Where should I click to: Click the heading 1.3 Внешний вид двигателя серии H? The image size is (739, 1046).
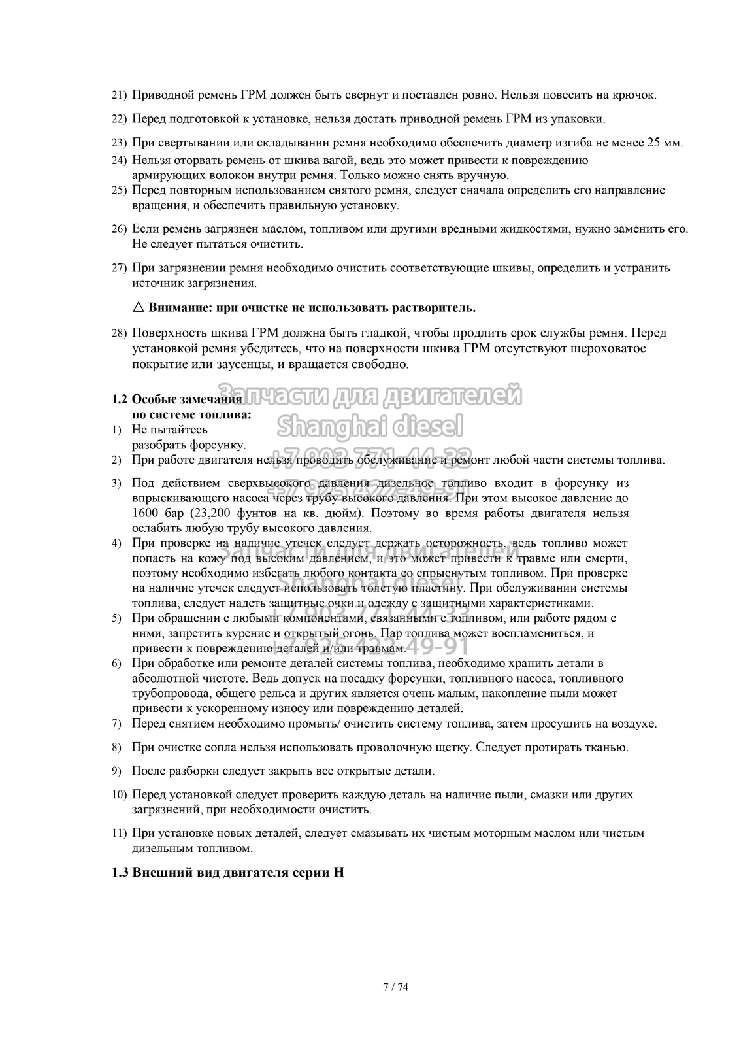coord(229,873)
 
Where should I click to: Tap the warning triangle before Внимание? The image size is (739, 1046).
coord(138,307)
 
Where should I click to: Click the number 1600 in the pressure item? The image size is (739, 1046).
coord(144,513)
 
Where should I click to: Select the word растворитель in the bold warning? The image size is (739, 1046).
coord(436,307)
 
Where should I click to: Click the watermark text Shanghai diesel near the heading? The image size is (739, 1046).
coord(370,426)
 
